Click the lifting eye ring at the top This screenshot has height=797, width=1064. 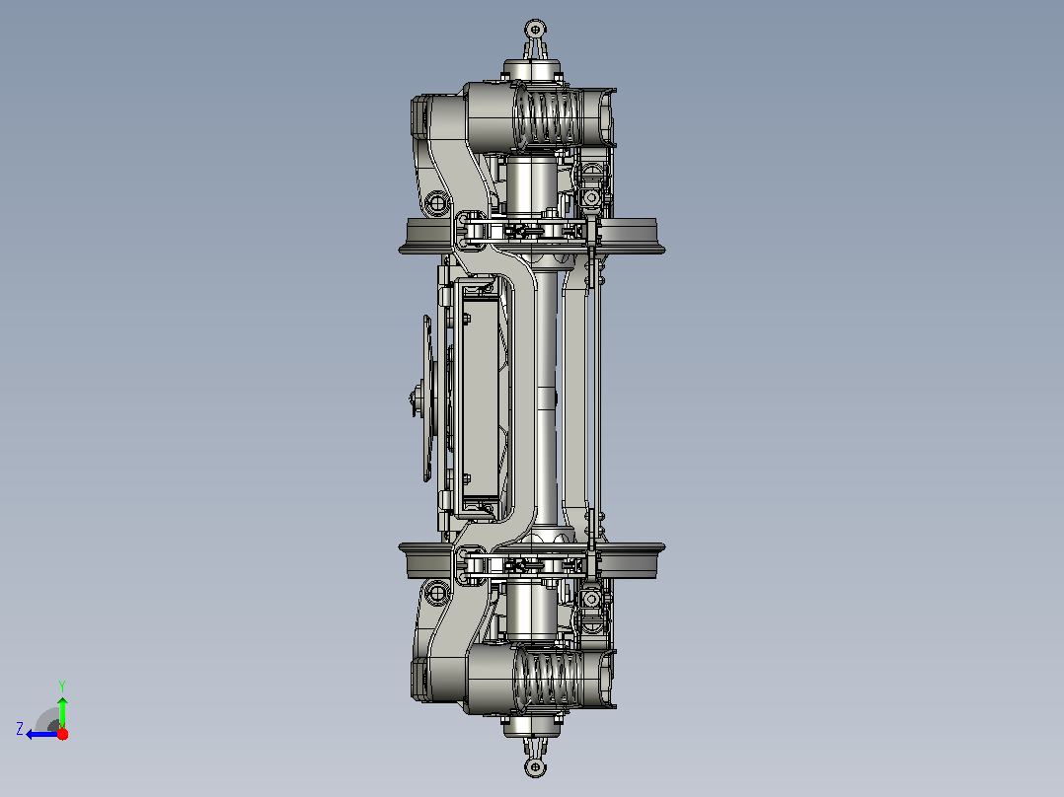click(535, 30)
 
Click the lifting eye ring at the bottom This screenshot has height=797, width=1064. click(535, 767)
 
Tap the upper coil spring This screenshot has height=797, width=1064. click(547, 116)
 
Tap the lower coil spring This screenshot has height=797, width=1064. click(547, 679)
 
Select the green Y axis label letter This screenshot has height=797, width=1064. click(62, 686)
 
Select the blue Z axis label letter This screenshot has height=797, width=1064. click(20, 729)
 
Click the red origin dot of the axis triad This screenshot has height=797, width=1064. click(62, 734)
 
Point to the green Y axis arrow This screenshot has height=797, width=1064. click(62, 713)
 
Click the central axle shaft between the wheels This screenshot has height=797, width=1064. click(546, 398)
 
